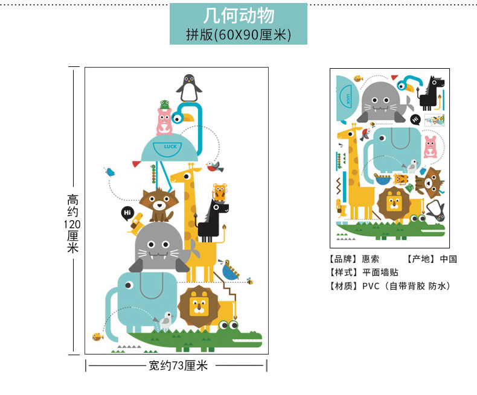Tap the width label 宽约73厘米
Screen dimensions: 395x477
(178, 365)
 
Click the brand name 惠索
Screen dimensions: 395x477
(371, 259)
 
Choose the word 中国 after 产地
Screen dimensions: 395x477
(448, 259)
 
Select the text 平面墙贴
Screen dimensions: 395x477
(380, 273)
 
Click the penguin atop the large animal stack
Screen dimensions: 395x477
(188, 88)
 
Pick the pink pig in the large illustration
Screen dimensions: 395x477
(164, 121)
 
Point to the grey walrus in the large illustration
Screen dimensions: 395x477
(159, 248)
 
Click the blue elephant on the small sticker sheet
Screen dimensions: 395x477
(394, 148)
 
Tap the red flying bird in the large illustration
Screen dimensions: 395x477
(212, 165)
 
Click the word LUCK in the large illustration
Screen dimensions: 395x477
(165, 147)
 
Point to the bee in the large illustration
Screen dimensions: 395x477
(249, 280)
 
